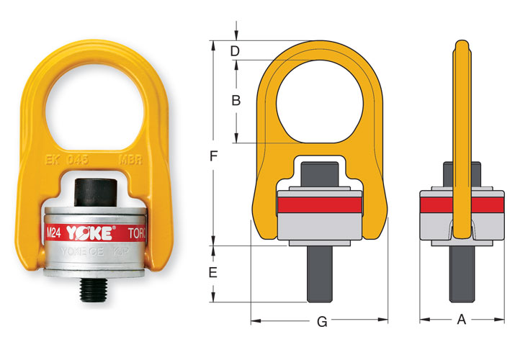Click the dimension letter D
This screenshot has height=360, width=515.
click(x=235, y=50)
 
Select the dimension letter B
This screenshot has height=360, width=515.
click(x=235, y=101)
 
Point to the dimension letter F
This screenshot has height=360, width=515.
click(x=213, y=156)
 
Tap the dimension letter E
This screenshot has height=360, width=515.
click(x=213, y=273)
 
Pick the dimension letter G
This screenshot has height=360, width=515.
click(x=322, y=321)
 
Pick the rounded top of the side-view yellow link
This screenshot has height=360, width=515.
click(x=461, y=45)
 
